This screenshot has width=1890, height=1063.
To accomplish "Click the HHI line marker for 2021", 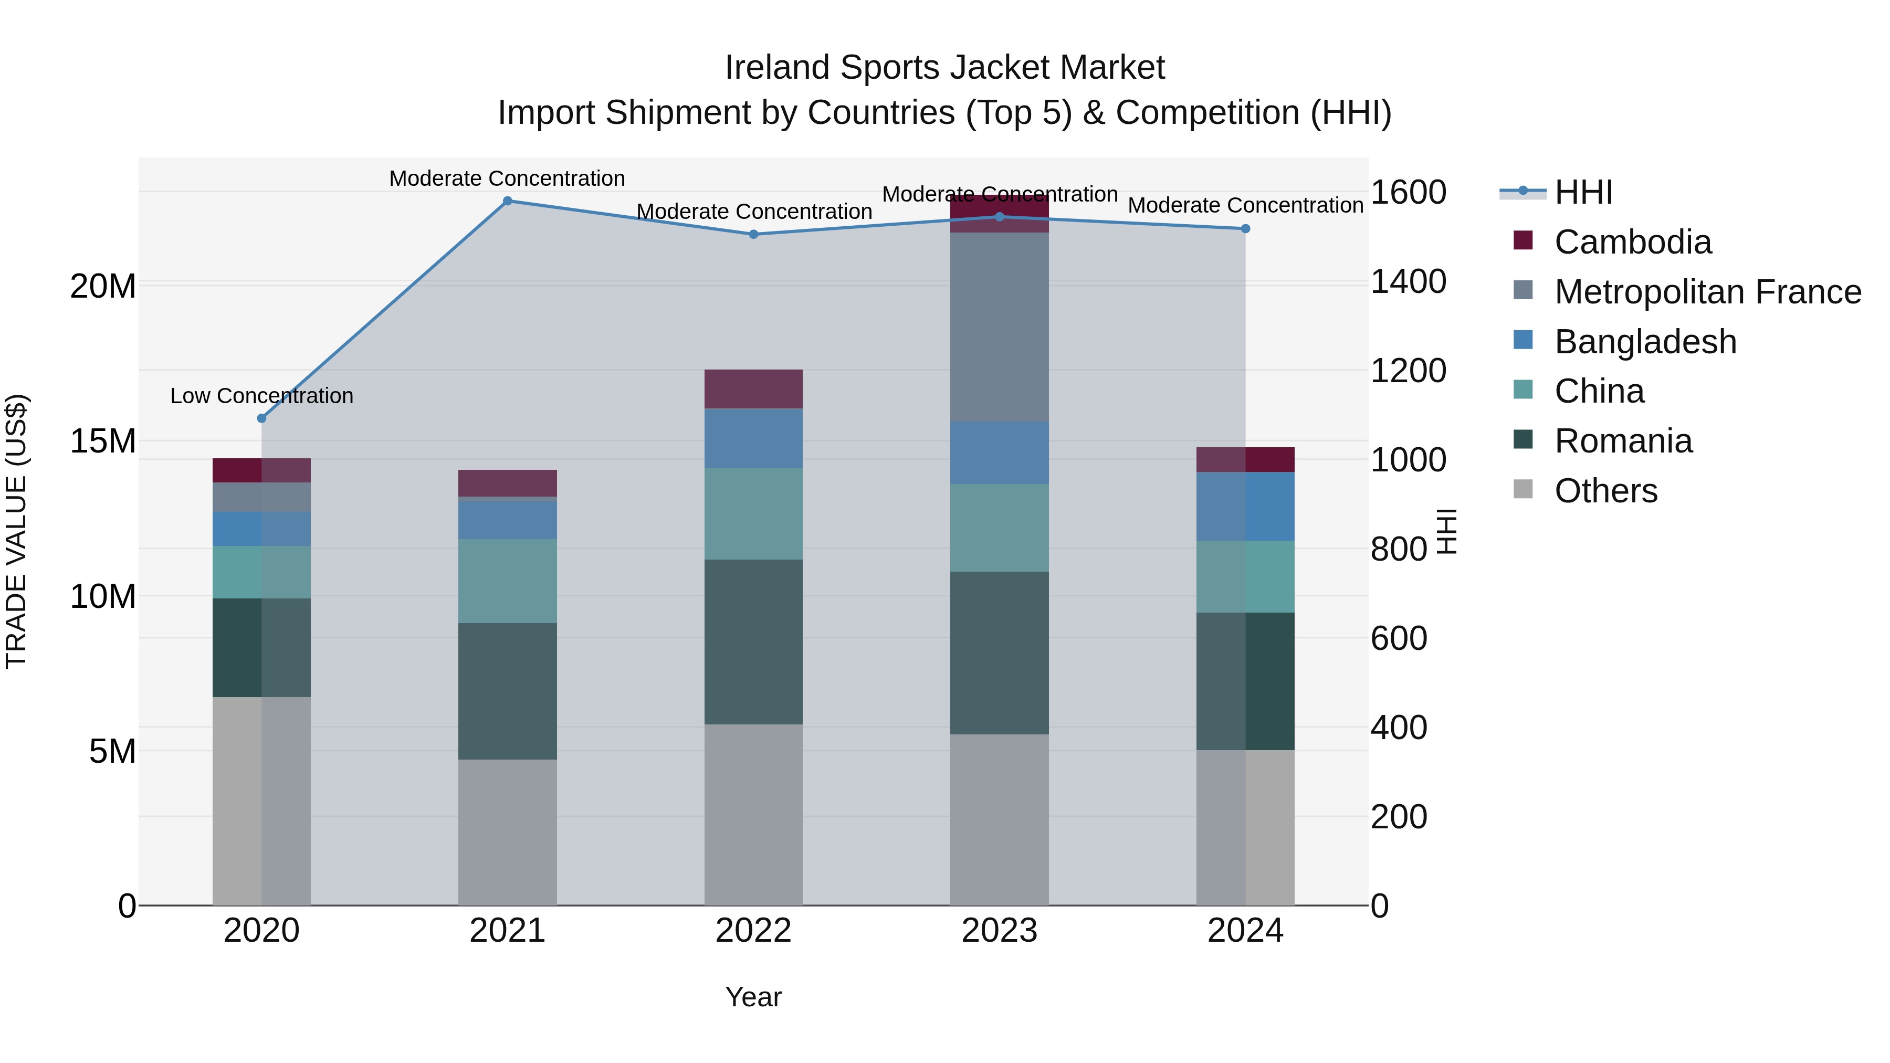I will coord(507,201).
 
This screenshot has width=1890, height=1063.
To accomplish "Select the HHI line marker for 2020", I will coord(262,418).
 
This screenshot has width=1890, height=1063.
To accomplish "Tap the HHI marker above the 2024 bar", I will coord(1245,229).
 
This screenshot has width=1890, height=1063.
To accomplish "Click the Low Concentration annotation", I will coord(262,396).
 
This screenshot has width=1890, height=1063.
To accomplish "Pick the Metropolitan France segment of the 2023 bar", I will coord(999,327).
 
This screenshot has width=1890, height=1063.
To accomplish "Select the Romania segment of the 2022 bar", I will coord(753,642).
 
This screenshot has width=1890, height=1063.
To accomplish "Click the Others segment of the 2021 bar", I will coord(507,832).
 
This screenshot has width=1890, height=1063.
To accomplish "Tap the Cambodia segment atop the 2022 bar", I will coord(753,389).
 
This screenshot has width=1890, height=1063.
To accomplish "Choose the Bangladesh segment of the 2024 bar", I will coord(1245,506).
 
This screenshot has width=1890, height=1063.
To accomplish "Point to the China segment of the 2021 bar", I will coord(507,581).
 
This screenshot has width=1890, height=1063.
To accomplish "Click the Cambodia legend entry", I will coord(1632,242).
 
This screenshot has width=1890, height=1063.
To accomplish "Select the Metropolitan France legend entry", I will coord(1707,292).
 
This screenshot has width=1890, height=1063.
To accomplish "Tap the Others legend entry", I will coord(1605,491).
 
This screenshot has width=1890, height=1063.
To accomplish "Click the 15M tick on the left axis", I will coord(103,441).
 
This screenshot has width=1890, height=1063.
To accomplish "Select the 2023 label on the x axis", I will coord(999,931).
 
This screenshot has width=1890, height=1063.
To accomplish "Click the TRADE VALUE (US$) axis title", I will coord(17,531).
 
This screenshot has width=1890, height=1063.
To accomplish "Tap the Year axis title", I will coord(753,997).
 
